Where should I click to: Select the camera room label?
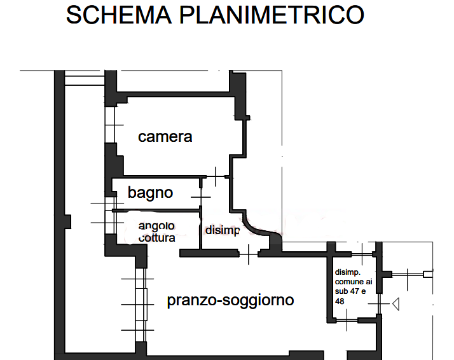[165, 137]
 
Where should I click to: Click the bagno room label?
[150, 192]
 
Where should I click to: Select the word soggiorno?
[258, 300]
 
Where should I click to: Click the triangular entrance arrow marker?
[395, 305]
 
